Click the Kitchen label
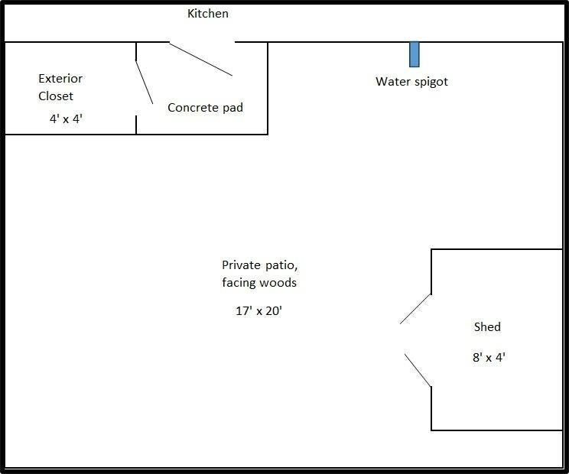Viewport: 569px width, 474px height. pyautogui.click(x=208, y=14)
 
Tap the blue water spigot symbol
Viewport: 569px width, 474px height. pyautogui.click(x=414, y=54)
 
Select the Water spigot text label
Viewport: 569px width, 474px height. pyautogui.click(x=411, y=82)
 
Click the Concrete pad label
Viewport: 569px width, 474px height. pyautogui.click(x=205, y=107)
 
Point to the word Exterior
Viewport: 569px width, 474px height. pyautogui.click(x=60, y=78)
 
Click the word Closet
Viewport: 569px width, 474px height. pyautogui.click(x=56, y=96)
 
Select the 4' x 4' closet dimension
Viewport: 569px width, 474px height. pyautogui.click(x=66, y=118)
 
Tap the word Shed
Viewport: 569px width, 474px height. pyautogui.click(x=487, y=326)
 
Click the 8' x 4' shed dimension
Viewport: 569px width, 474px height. pyautogui.click(x=489, y=357)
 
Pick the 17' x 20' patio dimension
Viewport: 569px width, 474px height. pyautogui.click(x=258, y=311)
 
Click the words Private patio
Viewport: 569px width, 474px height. pyautogui.click(x=259, y=265)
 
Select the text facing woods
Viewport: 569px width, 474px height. pyautogui.click(x=259, y=282)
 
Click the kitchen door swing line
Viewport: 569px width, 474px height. pyautogui.click(x=201, y=60)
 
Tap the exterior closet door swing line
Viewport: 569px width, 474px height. pyautogui.click(x=145, y=83)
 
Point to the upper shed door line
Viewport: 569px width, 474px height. pyautogui.click(x=415, y=309)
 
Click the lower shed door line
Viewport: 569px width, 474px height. pyautogui.click(x=418, y=370)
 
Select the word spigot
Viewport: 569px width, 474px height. pyautogui.click(x=431, y=82)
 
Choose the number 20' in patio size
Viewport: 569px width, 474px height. pyautogui.click(x=274, y=311)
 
